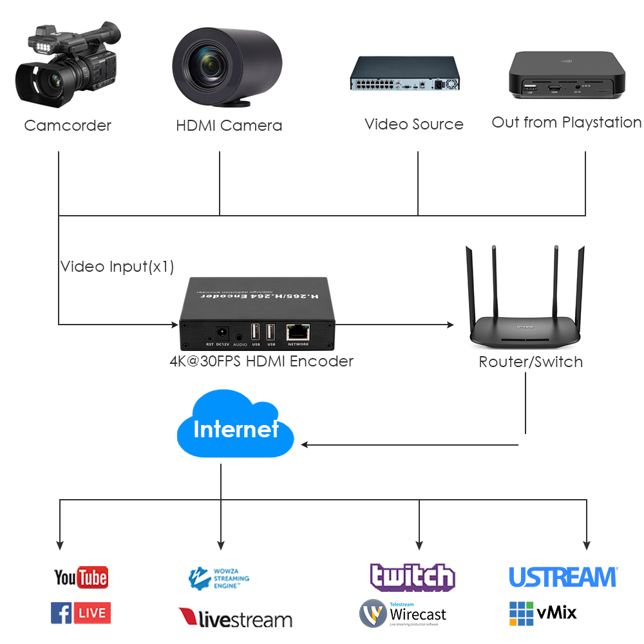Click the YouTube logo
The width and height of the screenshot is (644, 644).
point(80,577)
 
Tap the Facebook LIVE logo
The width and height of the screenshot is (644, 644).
point(80,613)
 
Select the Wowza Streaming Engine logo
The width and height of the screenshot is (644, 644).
point(219,578)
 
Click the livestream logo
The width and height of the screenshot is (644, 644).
point(235,619)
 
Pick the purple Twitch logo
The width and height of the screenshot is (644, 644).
point(412,577)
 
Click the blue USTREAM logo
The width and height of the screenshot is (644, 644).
point(563,577)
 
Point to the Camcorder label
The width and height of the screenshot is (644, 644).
point(68,126)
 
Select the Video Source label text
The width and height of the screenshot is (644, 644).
point(414,124)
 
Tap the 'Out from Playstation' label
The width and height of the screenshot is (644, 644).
point(567,122)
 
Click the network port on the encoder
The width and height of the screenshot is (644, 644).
point(298,332)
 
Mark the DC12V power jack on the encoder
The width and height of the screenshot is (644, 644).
point(222,333)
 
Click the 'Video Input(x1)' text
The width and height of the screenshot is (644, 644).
point(117,267)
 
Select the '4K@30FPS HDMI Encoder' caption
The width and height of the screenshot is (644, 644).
point(261,361)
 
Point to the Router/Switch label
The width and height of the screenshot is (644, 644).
point(531,362)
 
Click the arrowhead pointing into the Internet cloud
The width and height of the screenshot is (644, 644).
point(306,444)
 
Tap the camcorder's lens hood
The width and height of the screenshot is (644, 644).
point(29,82)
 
